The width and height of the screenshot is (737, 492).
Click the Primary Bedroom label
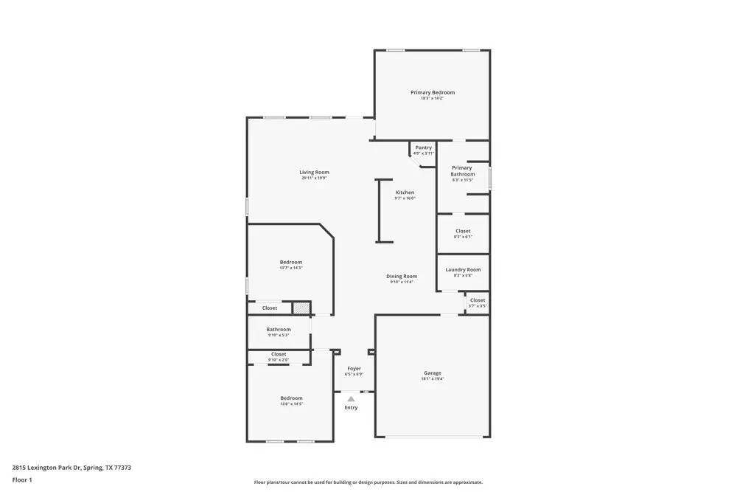433,92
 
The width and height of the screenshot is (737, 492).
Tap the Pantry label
423,148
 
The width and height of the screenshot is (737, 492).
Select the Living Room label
314,172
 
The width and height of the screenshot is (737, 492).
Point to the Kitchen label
405,193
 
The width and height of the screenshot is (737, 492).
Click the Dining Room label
402,277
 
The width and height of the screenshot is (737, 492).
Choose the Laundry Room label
463,269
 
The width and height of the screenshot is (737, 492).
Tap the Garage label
432,373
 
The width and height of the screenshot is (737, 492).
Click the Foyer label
354,368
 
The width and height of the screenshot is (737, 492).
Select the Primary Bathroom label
463,171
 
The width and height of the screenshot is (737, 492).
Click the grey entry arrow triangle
351,399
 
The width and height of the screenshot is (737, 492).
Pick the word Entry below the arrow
351,408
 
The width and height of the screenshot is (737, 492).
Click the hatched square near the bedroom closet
301,308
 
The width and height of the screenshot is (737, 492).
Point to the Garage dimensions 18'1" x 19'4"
432,379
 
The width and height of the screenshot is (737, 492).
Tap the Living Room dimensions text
314,179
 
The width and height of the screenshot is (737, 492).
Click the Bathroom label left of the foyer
279,329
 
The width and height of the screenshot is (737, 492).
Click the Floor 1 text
22,479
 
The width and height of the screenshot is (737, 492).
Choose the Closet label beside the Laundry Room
478,300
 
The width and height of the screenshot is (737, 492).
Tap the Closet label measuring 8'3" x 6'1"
463,231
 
